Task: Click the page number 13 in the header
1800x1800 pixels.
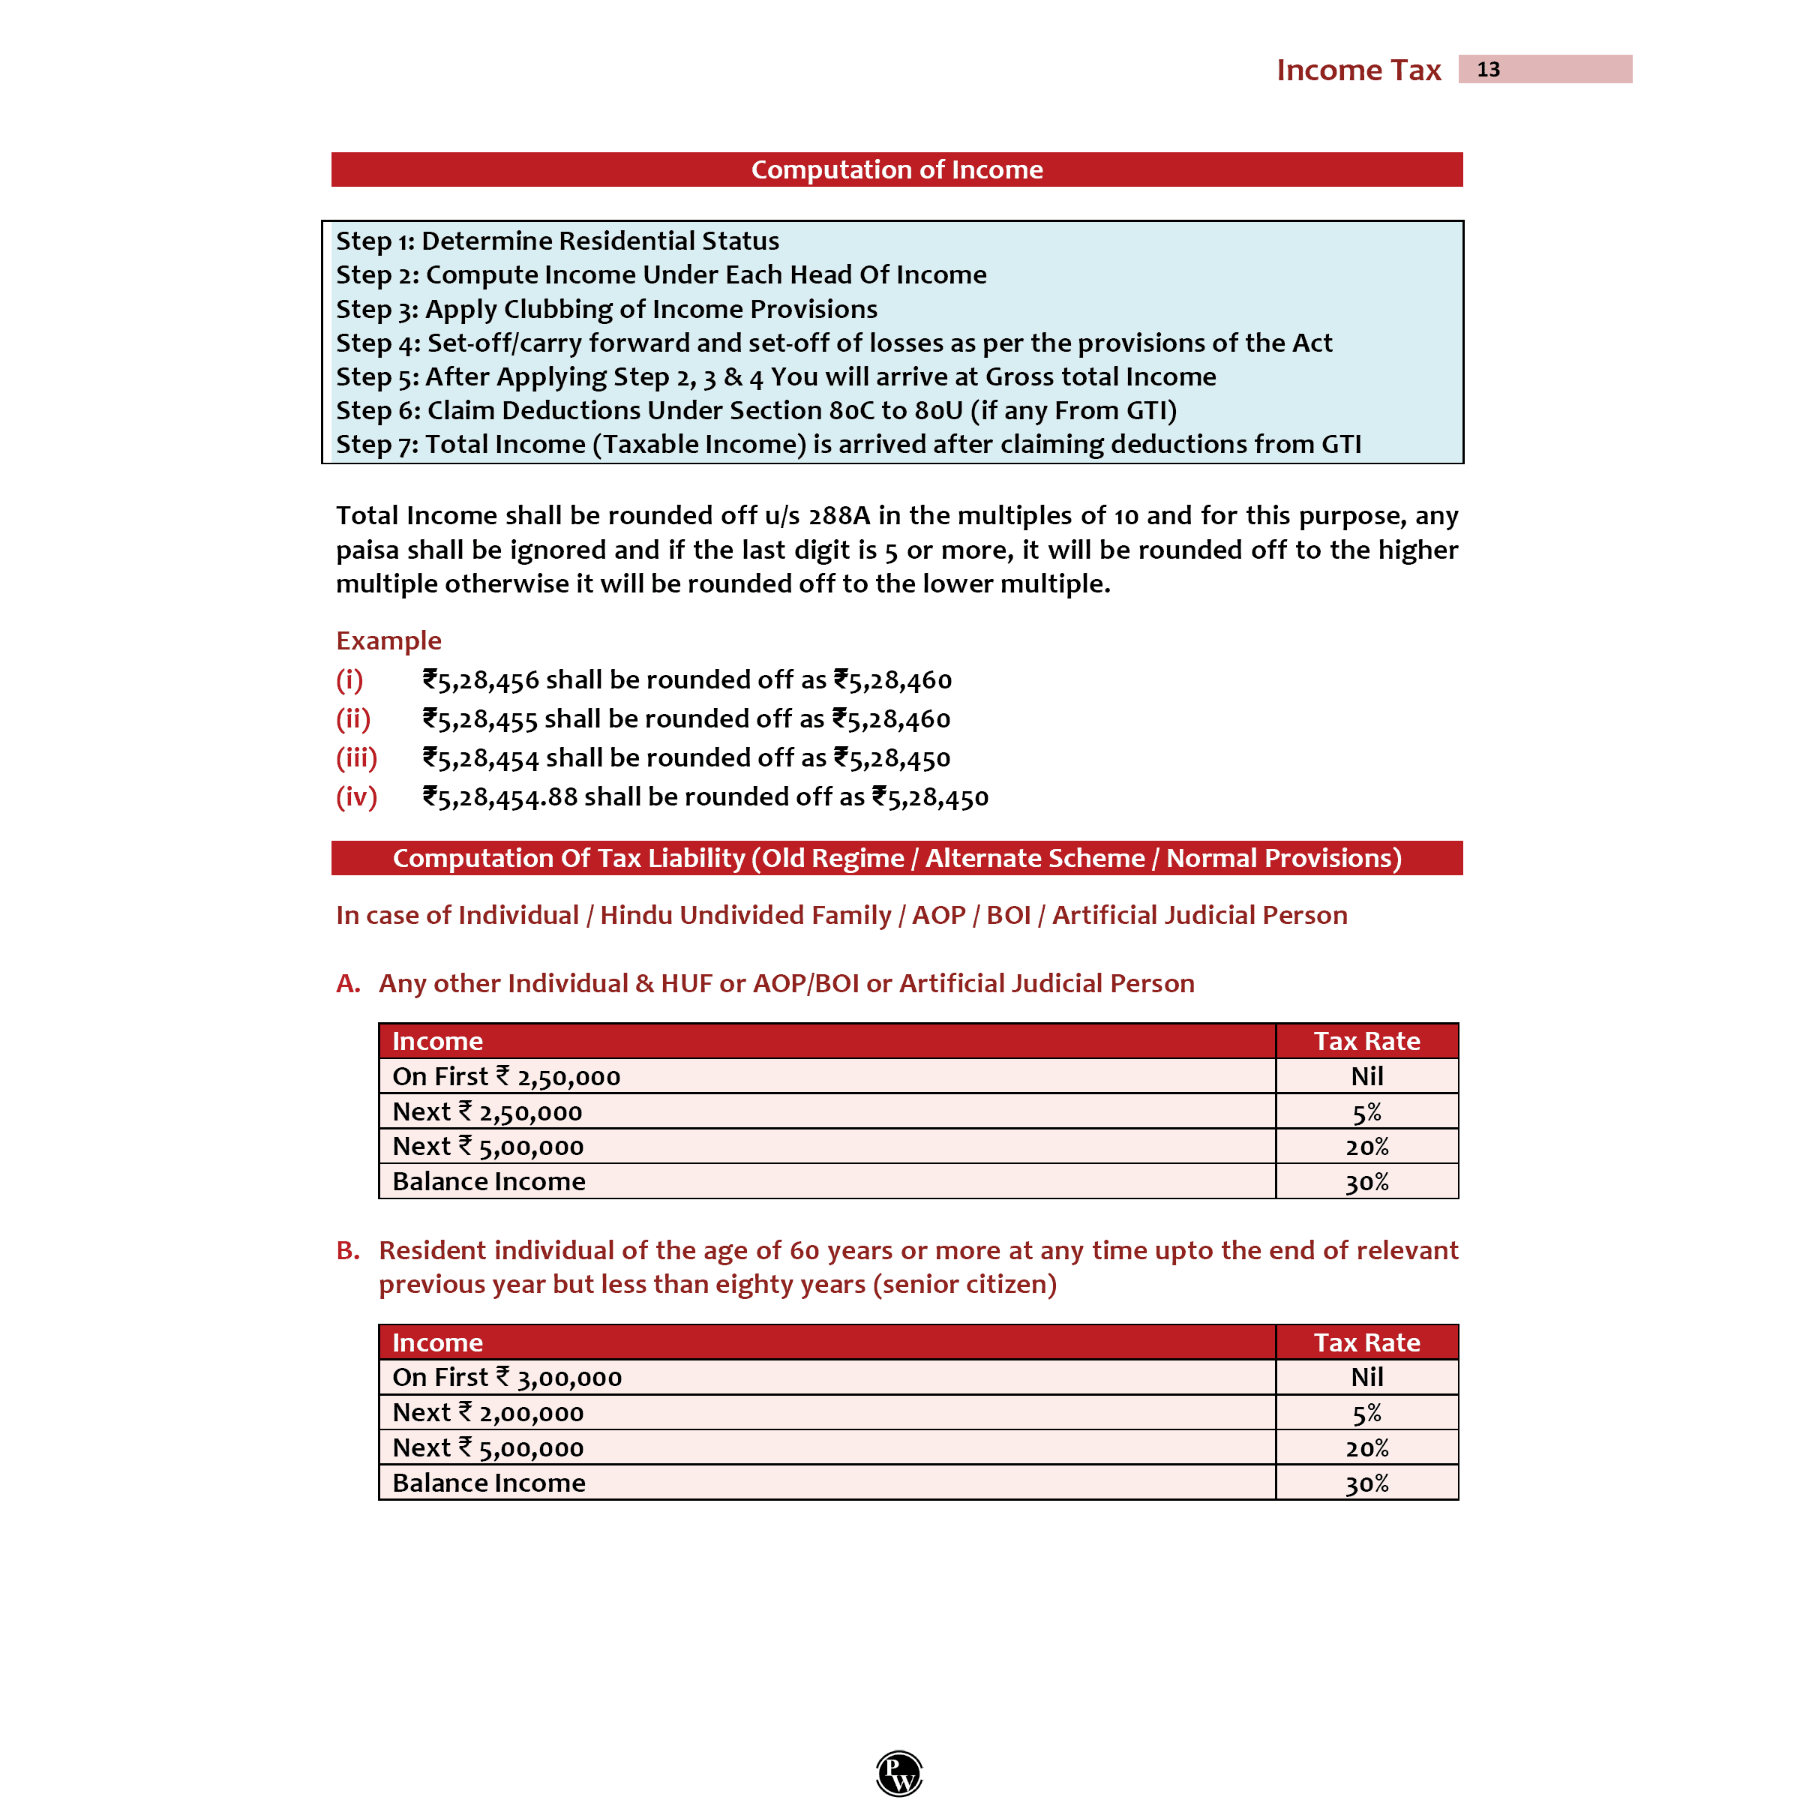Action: tap(1488, 70)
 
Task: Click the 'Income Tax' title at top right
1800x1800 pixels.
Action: tap(1357, 70)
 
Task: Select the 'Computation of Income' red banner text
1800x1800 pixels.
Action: tap(896, 169)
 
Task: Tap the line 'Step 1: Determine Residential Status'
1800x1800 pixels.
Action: tap(557, 240)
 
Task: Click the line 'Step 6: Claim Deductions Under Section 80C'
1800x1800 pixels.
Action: tap(755, 410)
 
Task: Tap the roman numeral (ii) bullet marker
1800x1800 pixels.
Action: tap(353, 718)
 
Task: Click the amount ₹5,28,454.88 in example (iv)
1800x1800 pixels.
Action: tap(500, 796)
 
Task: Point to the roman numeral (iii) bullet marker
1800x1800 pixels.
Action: tap(356, 757)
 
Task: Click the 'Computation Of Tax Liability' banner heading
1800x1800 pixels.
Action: tap(896, 857)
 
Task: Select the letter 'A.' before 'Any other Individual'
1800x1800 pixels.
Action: tap(347, 983)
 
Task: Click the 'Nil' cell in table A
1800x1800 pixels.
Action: tap(1366, 1076)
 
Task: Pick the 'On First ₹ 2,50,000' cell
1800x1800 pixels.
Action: tap(506, 1076)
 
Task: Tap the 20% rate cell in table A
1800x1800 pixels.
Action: tap(1366, 1147)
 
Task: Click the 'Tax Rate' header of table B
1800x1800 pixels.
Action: tap(1366, 1342)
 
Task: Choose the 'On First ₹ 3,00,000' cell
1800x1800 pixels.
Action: tap(507, 1377)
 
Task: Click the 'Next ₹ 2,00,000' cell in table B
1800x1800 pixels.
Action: tap(487, 1412)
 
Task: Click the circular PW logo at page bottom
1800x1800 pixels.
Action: tap(899, 1772)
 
